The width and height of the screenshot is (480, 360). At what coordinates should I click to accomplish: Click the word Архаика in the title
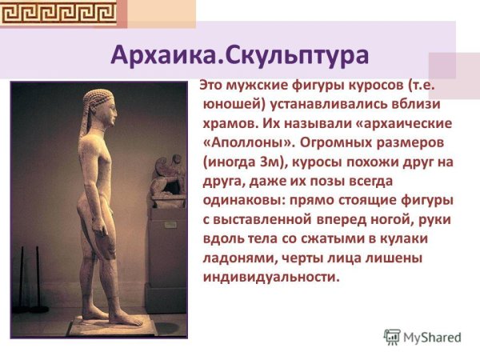click(x=164, y=57)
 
